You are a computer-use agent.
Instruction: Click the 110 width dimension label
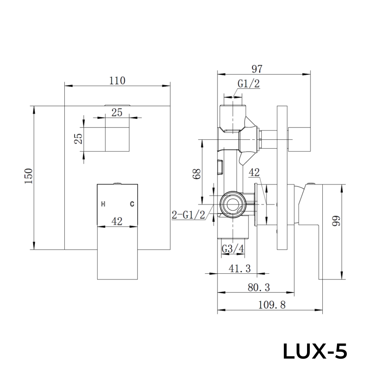point(117,81)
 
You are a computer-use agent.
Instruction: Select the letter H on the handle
point(103,204)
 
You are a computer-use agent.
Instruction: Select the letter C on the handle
point(132,204)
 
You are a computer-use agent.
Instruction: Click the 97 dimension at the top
point(257,69)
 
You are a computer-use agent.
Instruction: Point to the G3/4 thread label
point(233,249)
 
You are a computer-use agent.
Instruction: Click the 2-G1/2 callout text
point(188,215)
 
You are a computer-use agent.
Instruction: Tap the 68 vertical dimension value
point(197,173)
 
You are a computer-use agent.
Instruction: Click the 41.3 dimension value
point(240,268)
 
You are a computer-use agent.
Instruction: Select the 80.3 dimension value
point(259,288)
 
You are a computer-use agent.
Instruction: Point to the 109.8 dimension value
point(272,305)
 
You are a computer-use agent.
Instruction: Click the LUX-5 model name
point(315,352)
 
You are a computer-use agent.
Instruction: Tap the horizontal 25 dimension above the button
point(117,112)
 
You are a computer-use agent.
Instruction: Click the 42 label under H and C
point(117,221)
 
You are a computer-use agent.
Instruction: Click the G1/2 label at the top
point(249,84)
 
